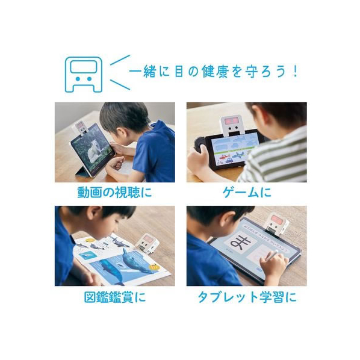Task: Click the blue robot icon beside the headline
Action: point(83,74)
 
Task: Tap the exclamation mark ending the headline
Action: point(295,72)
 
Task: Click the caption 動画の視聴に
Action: point(114,192)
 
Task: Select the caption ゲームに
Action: point(247,192)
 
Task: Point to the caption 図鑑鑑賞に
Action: point(115,297)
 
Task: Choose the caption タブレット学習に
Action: point(247,297)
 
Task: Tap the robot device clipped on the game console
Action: point(231,126)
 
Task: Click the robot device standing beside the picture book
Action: point(147,243)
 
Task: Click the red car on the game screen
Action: point(225,157)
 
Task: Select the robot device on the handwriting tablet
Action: point(277,224)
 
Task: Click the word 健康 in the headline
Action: point(215,72)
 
